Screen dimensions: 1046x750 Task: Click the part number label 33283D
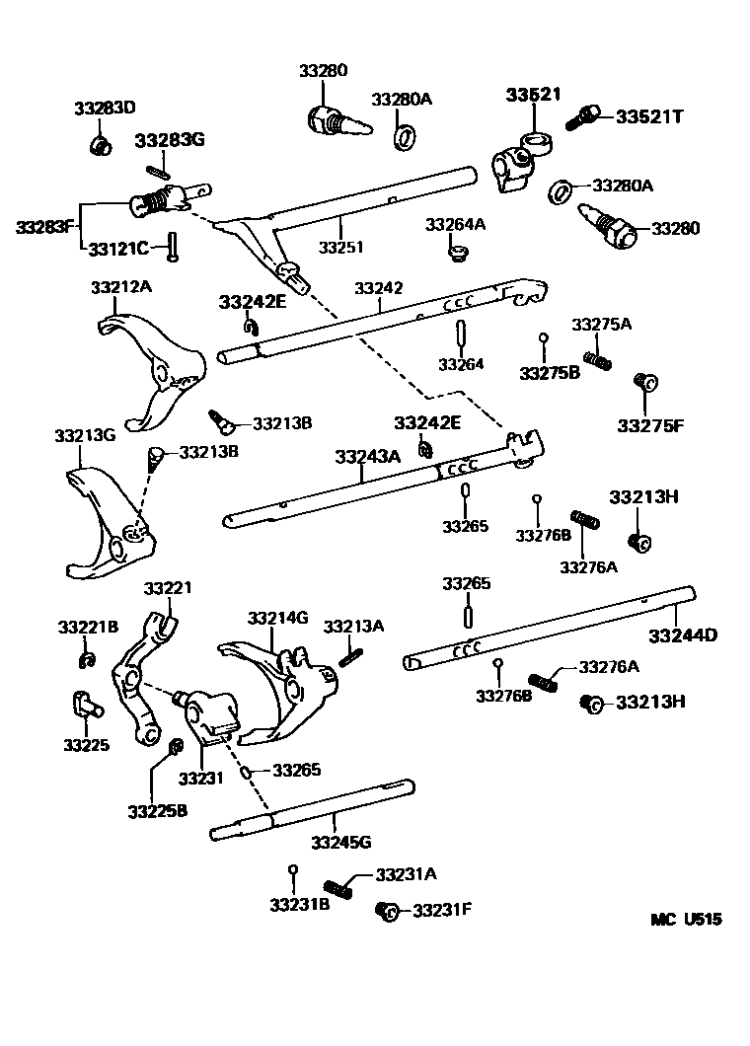pyautogui.click(x=104, y=107)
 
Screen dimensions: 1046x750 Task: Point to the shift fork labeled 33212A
pyautogui.click(x=155, y=370)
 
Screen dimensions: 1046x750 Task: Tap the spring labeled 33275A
pyautogui.click(x=597, y=361)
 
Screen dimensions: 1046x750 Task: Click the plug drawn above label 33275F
pyautogui.click(x=646, y=382)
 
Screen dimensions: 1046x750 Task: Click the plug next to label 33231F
pyautogui.click(x=387, y=911)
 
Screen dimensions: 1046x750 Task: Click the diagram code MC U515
pyautogui.click(x=685, y=919)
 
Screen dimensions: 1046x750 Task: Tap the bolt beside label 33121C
pyautogui.click(x=172, y=246)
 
